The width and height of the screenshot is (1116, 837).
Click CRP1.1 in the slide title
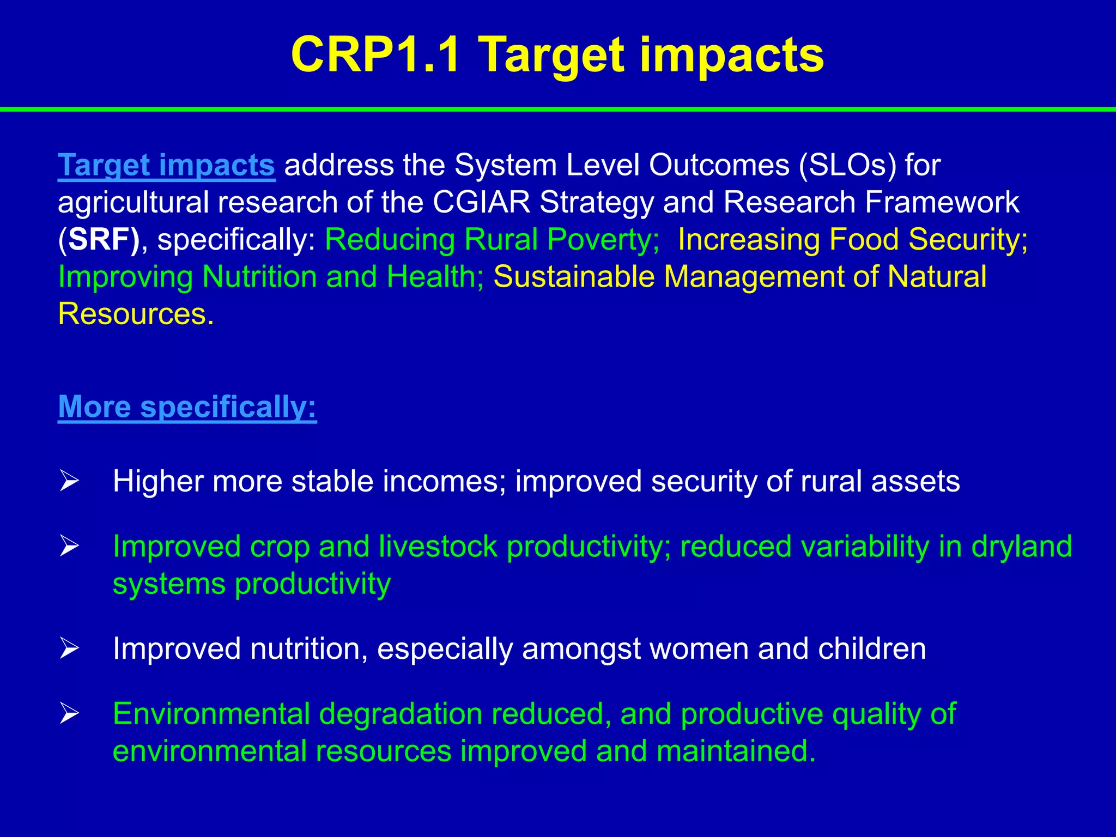[376, 54]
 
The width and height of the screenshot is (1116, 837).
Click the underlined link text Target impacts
[166, 165]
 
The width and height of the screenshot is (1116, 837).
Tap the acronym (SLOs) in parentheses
[847, 165]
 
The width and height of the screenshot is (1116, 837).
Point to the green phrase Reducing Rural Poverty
[492, 239]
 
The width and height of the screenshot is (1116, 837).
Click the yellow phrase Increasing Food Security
[853, 239]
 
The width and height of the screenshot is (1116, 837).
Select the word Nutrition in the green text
[259, 276]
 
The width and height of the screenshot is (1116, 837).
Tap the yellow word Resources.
[135, 314]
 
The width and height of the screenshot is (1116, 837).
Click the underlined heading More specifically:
[187, 407]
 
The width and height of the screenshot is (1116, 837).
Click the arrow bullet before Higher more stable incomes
[70, 481]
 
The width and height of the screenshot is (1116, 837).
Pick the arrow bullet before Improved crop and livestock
[70, 545]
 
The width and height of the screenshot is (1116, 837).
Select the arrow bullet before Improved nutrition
[70, 648]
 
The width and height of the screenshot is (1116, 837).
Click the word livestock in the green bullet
[438, 546]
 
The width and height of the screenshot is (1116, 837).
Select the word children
[871, 648]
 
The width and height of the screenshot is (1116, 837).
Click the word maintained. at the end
[736, 751]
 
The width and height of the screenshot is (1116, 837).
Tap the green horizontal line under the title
[558, 110]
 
